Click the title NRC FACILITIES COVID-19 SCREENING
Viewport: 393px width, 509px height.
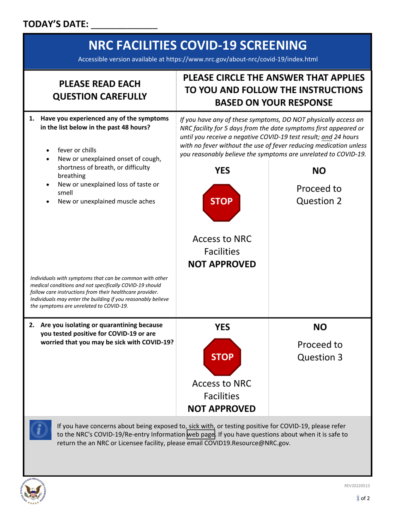coord(198,45)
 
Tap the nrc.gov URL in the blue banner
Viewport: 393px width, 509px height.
coord(242,59)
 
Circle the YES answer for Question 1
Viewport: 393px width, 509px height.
coord(222,171)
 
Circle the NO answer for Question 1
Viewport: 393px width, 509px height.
coord(319,171)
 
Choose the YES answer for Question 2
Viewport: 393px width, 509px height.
coord(222,327)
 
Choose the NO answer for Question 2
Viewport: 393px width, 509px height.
coord(319,327)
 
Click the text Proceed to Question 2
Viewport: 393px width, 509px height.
coord(319,195)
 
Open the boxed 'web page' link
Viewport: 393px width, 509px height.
coord(201,435)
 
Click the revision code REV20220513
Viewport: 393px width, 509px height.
coord(357,486)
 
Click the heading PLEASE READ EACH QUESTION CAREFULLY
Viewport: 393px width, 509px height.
coord(100,90)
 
